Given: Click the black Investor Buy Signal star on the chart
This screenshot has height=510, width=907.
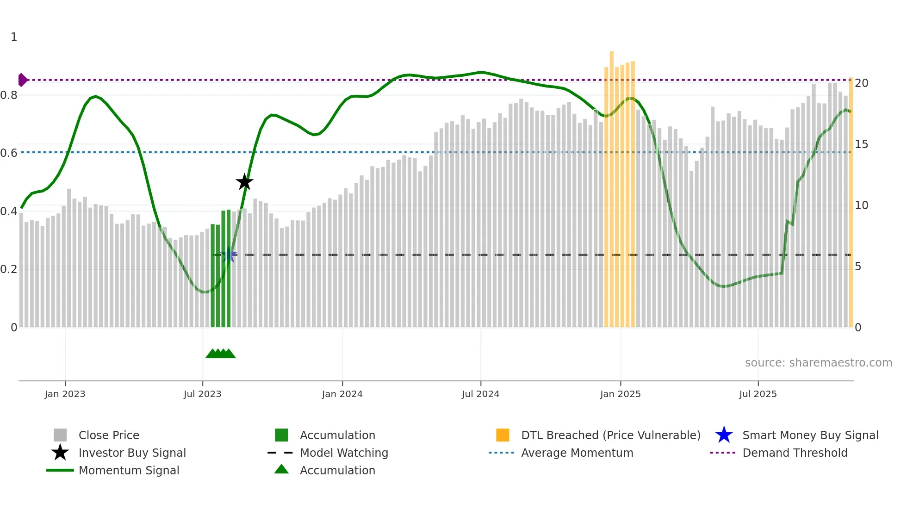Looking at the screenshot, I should (x=244, y=182).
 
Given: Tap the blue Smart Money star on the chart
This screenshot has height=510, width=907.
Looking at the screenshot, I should (x=229, y=255).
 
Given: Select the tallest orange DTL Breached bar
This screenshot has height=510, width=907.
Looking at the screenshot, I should (x=611, y=185).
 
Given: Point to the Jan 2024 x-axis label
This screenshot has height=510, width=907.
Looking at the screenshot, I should (x=342, y=394).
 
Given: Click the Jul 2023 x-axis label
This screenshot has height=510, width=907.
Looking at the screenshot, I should (x=202, y=394).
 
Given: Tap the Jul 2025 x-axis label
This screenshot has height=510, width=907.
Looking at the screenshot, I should (x=758, y=394).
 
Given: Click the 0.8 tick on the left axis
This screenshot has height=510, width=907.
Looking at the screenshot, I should (x=9, y=95).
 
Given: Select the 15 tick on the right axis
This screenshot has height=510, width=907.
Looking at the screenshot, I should (x=861, y=144).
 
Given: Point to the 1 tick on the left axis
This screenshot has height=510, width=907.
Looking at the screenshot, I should (x=14, y=37).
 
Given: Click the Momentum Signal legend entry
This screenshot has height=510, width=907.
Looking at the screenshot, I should (x=129, y=470).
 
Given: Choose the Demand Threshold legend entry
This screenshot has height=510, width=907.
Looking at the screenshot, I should (x=795, y=453).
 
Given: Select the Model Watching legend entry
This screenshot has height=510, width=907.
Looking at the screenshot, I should (x=343, y=453).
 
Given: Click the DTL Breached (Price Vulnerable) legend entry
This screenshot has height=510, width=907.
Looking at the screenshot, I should (x=610, y=435).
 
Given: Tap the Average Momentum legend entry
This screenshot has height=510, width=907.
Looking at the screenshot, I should (x=577, y=453).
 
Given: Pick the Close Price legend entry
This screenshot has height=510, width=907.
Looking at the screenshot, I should (x=109, y=435).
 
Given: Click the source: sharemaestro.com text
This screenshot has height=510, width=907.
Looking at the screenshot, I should (x=818, y=362).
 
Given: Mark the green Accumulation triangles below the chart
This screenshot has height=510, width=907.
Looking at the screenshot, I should (x=221, y=354).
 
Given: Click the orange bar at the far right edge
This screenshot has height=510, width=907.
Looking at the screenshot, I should (x=851, y=204).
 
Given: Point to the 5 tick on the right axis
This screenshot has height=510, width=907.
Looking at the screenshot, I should (x=858, y=267).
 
